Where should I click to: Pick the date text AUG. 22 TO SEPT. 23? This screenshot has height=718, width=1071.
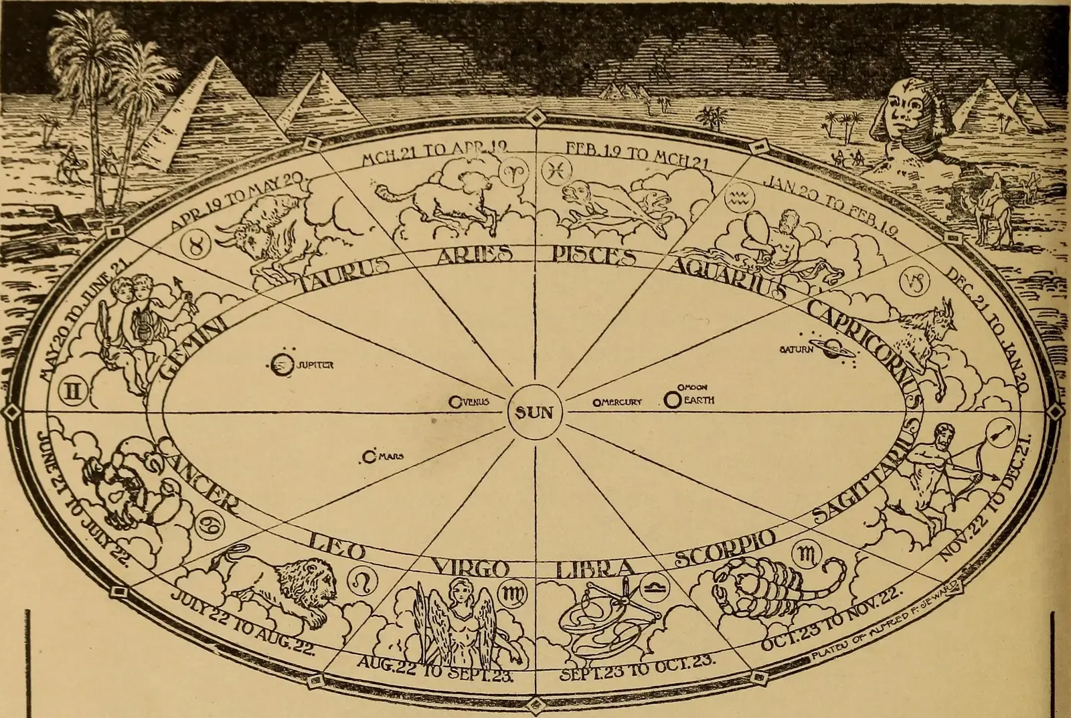tap(434, 668)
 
